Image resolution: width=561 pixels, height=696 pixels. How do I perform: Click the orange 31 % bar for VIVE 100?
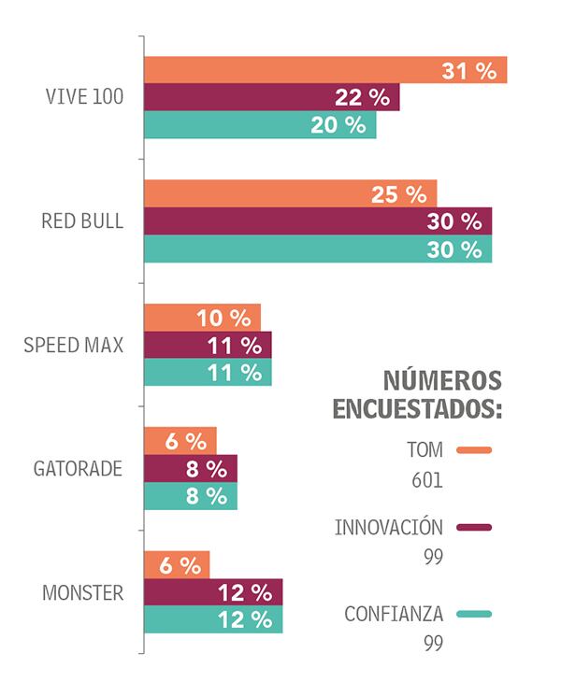[x=324, y=70]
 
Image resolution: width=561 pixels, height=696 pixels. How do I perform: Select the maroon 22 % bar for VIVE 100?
[x=271, y=97]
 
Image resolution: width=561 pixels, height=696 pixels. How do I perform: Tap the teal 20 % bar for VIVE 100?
[x=260, y=125]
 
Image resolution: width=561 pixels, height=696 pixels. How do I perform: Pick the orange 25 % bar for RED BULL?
[x=290, y=193]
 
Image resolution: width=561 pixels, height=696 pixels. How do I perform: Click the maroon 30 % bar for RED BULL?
[x=318, y=221]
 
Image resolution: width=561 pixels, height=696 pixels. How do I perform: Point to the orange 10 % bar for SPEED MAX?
[x=202, y=318]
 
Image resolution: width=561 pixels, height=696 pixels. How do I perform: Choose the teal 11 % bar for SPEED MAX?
[x=208, y=373]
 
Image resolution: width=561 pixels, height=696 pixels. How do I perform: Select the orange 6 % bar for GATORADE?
[x=180, y=441]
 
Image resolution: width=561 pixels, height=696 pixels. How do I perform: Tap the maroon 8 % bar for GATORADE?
[x=191, y=469]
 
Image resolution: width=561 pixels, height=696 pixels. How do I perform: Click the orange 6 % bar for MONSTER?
[x=177, y=565]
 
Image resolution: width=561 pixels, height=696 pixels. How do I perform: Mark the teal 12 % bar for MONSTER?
[x=213, y=619]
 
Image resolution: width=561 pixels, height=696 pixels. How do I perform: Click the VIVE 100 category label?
[x=84, y=97]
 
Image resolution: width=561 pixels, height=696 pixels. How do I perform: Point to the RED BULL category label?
[x=81, y=221]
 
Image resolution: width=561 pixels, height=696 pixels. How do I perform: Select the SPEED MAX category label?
[x=73, y=346]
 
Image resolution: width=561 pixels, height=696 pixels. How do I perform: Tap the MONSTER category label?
[x=83, y=592]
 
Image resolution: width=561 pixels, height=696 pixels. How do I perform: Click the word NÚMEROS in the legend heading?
[x=441, y=380]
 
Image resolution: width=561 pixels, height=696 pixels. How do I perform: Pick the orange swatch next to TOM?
[x=474, y=449]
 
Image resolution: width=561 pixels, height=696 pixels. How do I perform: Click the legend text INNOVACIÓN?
[x=388, y=527]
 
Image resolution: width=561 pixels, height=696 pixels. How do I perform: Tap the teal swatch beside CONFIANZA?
[x=474, y=614]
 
